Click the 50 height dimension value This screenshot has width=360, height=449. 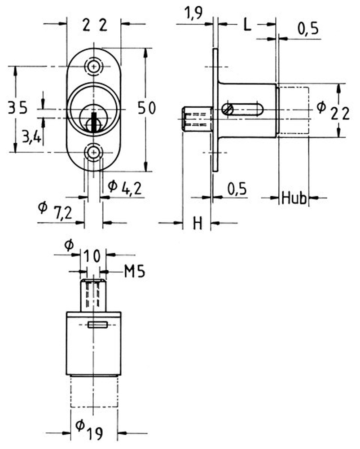click(146, 108)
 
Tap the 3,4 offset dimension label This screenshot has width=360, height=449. click(31, 138)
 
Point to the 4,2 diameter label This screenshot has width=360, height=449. click(125, 188)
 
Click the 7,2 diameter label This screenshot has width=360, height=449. click(55, 210)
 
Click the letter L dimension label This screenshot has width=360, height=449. click(247, 25)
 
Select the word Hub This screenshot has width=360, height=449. click(294, 198)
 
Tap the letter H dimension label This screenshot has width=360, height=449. click(198, 223)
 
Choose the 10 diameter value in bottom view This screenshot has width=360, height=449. click(93, 256)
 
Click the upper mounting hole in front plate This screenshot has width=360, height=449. click(93, 67)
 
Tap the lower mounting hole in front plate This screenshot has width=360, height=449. click(93, 152)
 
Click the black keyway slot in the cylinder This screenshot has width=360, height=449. click(93, 122)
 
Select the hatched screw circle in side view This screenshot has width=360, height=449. click(228, 109)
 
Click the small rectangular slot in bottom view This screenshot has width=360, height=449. click(98, 325)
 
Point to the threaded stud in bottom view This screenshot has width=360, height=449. click(93, 295)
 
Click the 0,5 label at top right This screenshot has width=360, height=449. click(308, 29)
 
